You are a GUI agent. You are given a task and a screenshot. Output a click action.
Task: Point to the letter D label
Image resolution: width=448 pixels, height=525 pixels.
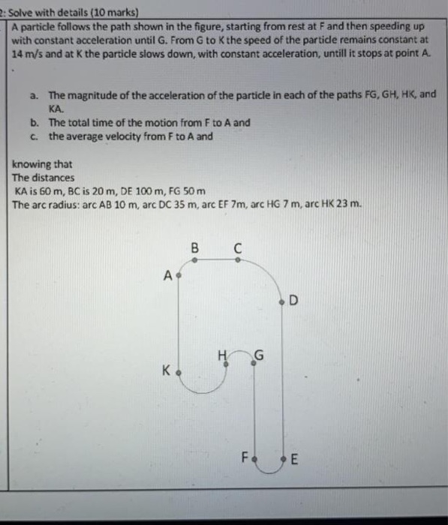(294, 302)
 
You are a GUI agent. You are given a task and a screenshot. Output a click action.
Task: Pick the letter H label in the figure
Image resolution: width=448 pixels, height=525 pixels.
(221, 355)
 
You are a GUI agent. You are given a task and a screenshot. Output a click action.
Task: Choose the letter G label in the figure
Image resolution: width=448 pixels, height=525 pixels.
(260, 355)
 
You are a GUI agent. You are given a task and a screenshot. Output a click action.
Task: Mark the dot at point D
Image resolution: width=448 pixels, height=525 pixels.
(281, 302)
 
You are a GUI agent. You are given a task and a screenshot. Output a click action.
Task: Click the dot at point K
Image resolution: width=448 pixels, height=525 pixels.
(179, 370)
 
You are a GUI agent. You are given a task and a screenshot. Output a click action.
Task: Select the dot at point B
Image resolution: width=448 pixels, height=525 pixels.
(196, 260)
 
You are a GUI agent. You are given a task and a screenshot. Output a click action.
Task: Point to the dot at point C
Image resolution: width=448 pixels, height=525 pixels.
(239, 260)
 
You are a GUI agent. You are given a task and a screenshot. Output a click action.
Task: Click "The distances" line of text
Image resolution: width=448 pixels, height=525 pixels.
(44, 178)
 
